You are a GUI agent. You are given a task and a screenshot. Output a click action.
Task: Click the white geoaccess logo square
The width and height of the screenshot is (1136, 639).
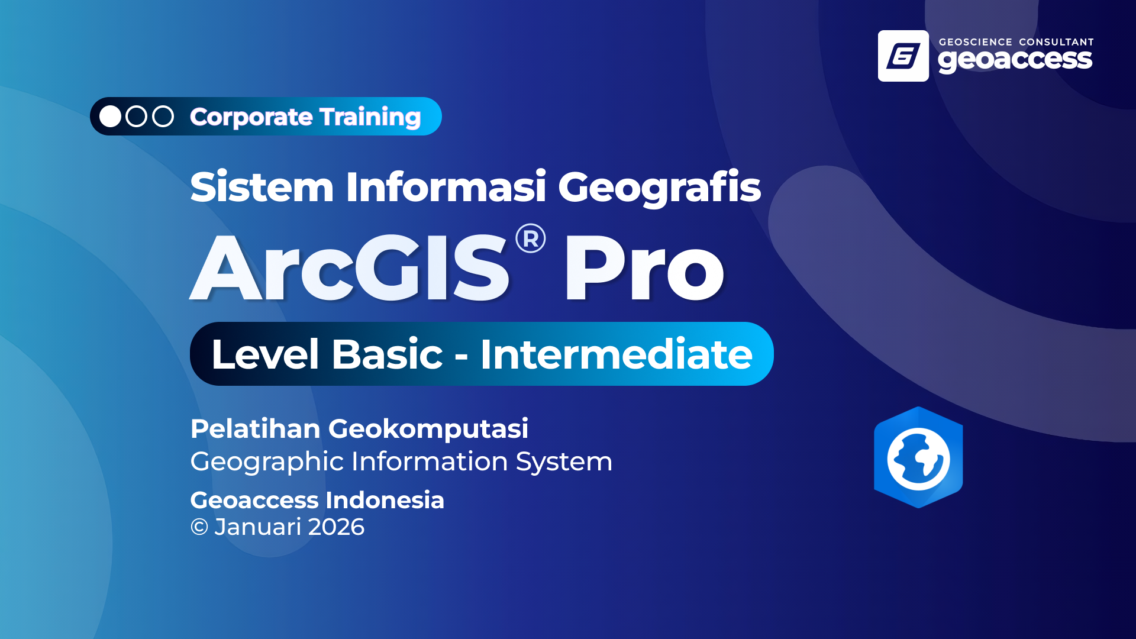[x=903, y=56]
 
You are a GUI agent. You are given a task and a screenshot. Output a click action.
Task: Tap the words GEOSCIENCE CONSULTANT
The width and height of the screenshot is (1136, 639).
[x=1016, y=42]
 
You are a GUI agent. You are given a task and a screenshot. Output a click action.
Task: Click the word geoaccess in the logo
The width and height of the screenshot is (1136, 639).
[x=1015, y=60]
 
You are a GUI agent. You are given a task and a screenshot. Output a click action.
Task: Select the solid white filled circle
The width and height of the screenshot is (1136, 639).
[x=110, y=117]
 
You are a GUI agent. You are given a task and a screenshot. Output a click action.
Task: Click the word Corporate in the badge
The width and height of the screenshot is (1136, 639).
[x=251, y=118]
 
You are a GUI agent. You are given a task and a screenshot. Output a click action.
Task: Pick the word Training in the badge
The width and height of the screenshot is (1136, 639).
[x=370, y=118]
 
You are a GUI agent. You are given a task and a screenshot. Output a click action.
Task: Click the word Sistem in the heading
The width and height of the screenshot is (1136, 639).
[x=262, y=187]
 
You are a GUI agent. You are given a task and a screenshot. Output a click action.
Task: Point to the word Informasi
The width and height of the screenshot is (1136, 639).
[x=446, y=187]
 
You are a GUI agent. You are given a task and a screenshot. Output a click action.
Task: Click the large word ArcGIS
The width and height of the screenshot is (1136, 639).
[x=349, y=267]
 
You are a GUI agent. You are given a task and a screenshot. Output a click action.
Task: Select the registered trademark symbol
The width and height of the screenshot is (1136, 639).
[x=531, y=238]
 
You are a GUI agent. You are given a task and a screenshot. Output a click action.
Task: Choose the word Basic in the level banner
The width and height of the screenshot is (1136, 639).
[x=387, y=354]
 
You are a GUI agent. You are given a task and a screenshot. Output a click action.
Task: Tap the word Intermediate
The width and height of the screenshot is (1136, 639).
[x=617, y=354]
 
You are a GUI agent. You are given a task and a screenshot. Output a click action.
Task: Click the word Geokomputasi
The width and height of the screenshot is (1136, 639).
[x=428, y=430]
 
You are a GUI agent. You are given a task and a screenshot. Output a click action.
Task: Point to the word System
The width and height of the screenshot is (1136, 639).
[x=564, y=462]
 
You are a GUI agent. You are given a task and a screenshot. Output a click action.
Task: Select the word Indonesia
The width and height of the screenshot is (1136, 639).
[x=385, y=501]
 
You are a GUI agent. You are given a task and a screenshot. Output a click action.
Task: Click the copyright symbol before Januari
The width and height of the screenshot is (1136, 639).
[x=199, y=527]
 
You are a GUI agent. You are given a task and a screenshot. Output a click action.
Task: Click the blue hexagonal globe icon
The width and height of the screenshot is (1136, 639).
[x=918, y=457]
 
